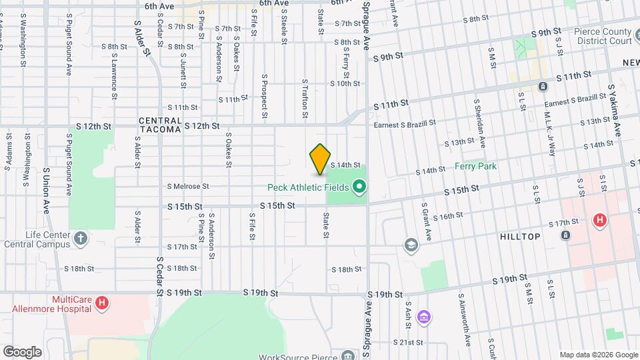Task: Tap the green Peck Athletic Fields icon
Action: (x=360, y=187)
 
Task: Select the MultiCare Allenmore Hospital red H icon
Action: (x=101, y=303)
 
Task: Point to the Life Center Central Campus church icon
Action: (x=81, y=238)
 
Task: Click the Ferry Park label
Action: (x=477, y=166)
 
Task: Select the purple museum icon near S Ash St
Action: (x=423, y=315)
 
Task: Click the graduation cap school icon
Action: (x=411, y=245)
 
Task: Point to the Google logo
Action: (x=21, y=351)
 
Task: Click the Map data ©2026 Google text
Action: (x=599, y=355)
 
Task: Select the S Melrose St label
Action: (x=188, y=187)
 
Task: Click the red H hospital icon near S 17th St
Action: (x=599, y=219)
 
